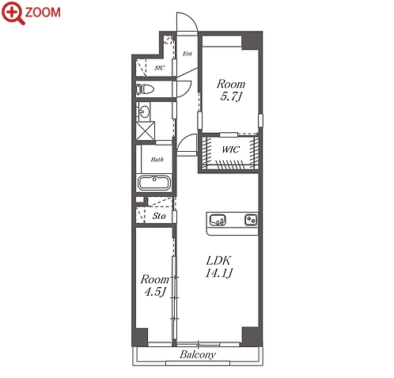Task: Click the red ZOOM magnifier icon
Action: point(13,13)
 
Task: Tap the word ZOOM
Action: point(43,13)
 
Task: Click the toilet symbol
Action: point(145,89)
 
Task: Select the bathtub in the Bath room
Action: point(154,183)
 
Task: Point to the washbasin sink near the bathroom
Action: point(144,112)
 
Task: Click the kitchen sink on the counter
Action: point(218,220)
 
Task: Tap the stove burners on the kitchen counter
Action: point(251,220)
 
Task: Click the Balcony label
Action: point(198,354)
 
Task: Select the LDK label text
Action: point(218,261)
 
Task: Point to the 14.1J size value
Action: point(219,273)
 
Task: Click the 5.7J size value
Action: point(231,96)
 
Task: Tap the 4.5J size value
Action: point(155,292)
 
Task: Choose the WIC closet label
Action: point(231,149)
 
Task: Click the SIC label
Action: point(159,68)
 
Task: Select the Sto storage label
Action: point(159,216)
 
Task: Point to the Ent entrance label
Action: point(188,54)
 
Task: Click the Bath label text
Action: point(157,160)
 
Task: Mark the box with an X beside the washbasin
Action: point(146,130)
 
